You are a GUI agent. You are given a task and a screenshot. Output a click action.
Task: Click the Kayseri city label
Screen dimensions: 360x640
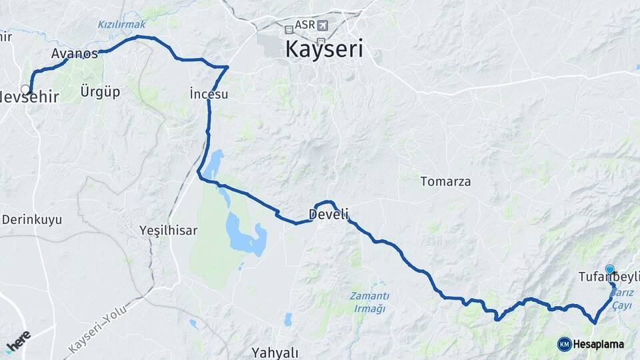click(x=324, y=49)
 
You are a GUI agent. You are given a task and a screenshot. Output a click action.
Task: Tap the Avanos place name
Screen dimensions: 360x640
click(x=74, y=53)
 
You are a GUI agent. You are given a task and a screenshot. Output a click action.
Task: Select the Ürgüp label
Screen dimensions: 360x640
click(x=100, y=91)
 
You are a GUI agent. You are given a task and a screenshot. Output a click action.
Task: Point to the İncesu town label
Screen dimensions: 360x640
click(x=209, y=94)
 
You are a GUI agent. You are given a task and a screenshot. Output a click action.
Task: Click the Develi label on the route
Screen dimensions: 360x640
click(x=328, y=214)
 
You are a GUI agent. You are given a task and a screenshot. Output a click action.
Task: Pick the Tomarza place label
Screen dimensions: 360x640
click(x=445, y=181)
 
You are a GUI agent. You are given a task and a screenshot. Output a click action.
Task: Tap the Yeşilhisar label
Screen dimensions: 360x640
click(x=169, y=230)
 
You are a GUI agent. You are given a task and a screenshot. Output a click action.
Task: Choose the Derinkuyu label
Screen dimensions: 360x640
click(x=32, y=219)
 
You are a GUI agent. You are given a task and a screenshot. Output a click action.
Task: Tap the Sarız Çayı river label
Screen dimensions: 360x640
click(x=621, y=298)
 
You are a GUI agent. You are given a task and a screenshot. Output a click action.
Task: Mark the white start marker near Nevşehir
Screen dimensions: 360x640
click(x=25, y=89)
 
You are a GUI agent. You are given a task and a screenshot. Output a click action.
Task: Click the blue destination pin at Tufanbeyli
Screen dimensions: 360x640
click(x=609, y=270)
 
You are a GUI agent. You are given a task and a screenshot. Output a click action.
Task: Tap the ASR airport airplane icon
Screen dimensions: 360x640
click(x=323, y=25)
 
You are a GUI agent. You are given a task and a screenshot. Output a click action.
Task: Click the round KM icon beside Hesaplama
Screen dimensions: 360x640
click(x=565, y=344)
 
